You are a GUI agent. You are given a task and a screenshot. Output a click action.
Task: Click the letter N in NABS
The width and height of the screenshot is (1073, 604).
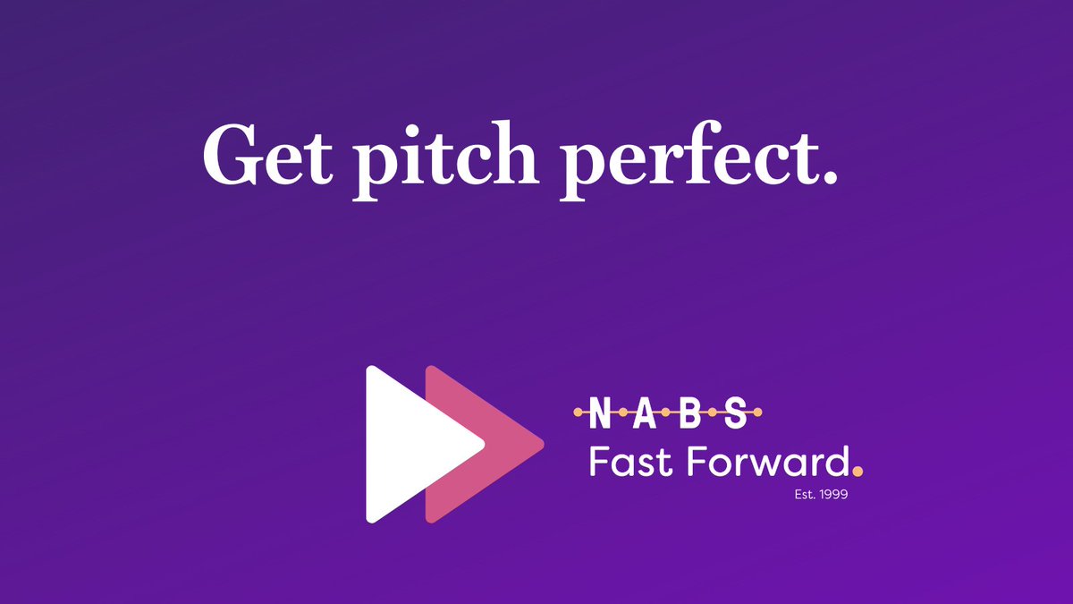599,413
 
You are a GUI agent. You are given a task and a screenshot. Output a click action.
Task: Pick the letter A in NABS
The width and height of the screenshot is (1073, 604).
645,413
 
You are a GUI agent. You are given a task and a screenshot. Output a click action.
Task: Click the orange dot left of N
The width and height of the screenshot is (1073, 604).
577,413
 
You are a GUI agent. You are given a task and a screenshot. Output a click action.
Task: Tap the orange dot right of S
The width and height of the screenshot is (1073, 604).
758,413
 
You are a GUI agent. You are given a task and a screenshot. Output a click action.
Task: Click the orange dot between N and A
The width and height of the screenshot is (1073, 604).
622,413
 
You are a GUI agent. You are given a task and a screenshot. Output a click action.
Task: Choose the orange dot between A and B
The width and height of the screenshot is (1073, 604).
668,413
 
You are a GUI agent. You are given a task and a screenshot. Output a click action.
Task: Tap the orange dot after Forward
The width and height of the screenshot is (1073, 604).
858,472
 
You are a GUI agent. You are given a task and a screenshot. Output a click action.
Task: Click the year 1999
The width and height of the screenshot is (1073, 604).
832,493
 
